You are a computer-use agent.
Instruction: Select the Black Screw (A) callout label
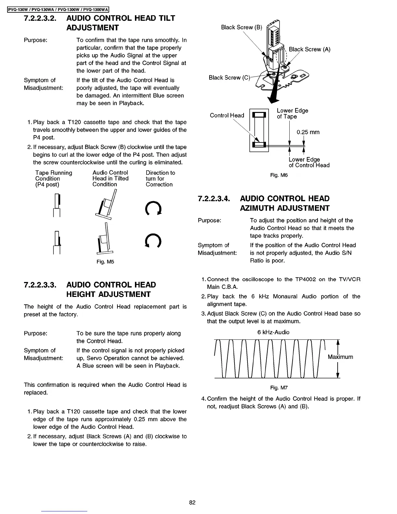309,50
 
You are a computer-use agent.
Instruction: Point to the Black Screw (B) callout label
241,28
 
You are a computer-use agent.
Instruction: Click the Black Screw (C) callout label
229,78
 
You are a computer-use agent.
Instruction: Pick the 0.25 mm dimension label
308,132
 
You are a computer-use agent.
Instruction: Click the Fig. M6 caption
279,176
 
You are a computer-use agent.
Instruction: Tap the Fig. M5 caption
105,262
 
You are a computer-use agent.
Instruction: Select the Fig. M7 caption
279,388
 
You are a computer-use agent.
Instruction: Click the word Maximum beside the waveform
340,357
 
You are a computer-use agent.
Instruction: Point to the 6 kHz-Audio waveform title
273,332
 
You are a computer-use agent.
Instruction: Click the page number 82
192,503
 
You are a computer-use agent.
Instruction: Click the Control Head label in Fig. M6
227,116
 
